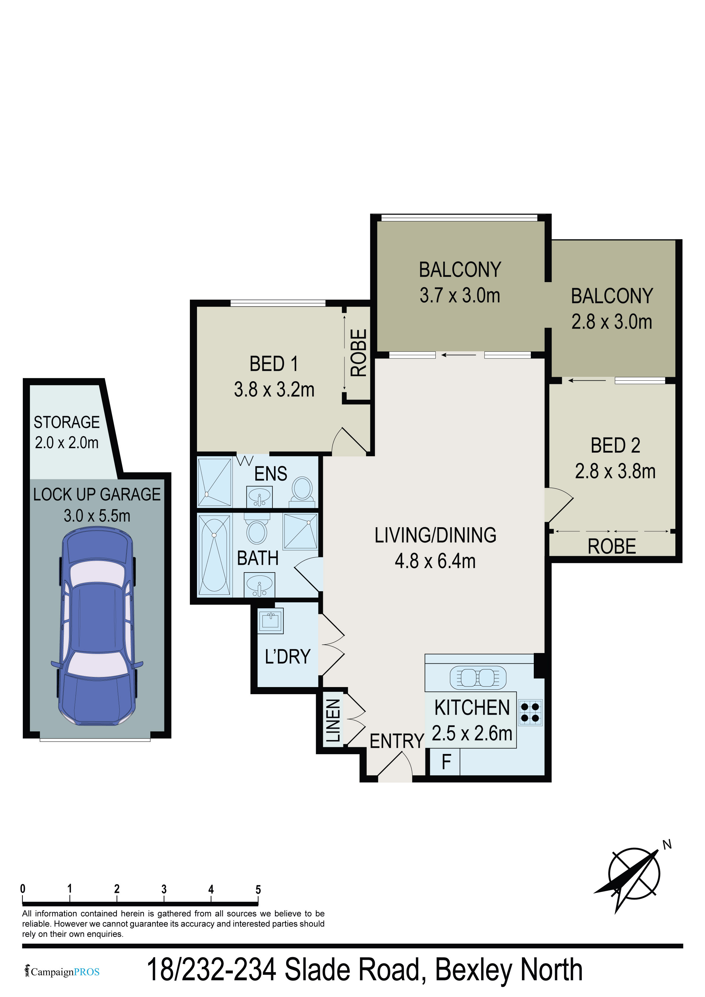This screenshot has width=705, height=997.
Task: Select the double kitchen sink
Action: pos(478,677)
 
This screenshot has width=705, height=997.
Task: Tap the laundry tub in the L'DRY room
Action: pos(270,620)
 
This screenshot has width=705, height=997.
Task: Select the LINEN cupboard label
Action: pos(333,721)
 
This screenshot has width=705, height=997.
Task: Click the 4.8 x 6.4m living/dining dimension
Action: pos(435,561)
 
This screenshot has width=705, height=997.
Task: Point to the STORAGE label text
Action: pos(67,422)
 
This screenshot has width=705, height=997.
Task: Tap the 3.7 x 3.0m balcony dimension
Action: pos(460,295)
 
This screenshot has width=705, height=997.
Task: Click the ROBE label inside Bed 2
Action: pos(612,546)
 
